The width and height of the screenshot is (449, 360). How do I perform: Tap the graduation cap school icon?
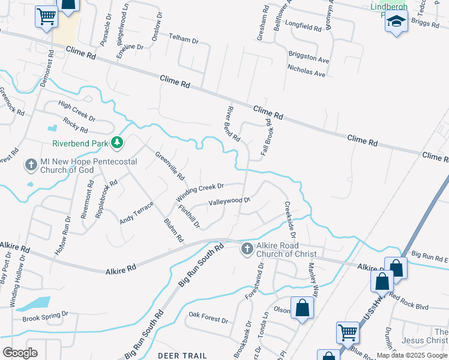396,22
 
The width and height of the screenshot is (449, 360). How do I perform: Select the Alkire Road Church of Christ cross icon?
247,248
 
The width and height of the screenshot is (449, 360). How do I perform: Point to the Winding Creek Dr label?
199,193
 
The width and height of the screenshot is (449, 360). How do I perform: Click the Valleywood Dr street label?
228,202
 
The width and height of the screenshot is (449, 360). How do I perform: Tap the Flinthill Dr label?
188,217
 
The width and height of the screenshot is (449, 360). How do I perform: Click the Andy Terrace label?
136,213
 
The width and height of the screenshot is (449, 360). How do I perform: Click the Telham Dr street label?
183,40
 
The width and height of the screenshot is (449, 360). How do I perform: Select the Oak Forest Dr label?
208,316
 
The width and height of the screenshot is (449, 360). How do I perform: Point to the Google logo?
20,353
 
